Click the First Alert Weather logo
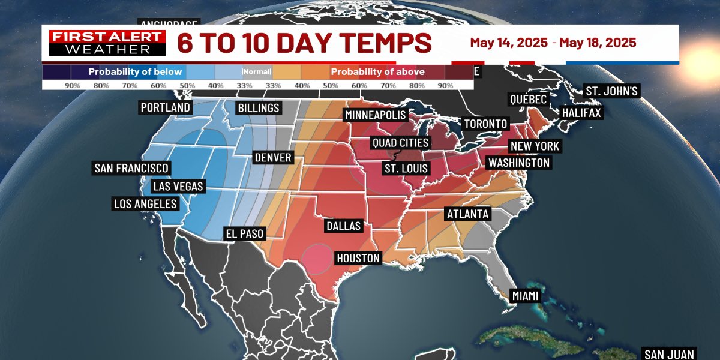pos(106,43)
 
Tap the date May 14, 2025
pos(509,43)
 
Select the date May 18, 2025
pos(598,43)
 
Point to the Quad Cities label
pos(400,143)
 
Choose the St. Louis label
pos(406,168)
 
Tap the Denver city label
pos(273,158)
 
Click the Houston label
pos(358,258)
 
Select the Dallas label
pos(344,226)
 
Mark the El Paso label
pos(244,233)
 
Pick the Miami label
pos(526,296)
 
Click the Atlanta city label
pos(467,214)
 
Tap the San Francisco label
pos(131,168)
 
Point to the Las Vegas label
pos(178,186)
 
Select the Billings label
pos(259,108)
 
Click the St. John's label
pos(612,92)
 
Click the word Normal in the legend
pos(257,72)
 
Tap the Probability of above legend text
pos(378,72)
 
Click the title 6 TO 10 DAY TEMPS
pos(304,43)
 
